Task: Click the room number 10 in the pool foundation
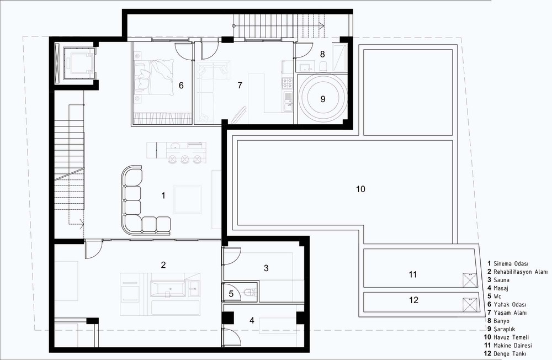360,189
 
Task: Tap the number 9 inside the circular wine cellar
323,99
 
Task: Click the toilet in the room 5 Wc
250,293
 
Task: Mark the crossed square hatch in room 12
470,304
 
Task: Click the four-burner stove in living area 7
287,83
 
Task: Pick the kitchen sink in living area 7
288,99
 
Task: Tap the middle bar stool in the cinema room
185,160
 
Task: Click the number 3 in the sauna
266,268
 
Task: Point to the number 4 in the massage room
252,320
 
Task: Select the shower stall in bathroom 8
339,57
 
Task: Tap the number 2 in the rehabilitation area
163,265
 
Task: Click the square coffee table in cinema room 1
187,199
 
